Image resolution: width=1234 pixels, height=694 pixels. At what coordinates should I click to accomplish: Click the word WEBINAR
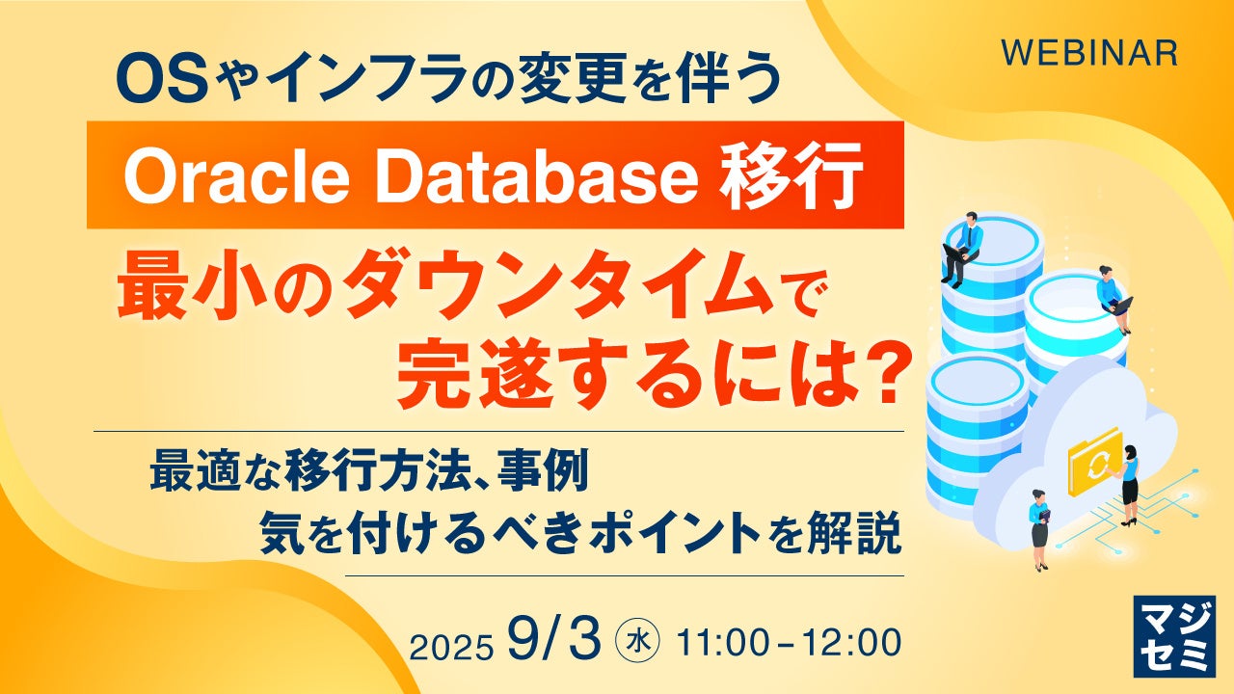1089,53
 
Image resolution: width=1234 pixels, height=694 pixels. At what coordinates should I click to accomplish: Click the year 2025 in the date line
450,647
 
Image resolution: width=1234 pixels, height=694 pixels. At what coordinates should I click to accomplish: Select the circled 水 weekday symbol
637,642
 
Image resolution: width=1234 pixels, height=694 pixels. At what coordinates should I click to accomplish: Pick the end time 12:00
851,642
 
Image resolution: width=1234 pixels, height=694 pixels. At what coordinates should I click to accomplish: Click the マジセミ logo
1174,636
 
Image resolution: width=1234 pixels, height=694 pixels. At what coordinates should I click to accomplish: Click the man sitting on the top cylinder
963,249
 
